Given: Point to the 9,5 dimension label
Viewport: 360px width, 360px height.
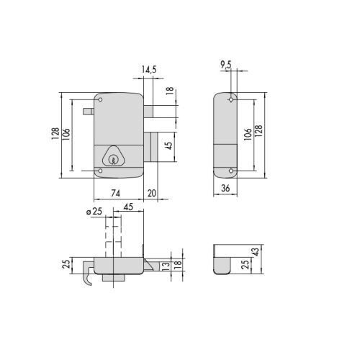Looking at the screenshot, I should click(x=225, y=63).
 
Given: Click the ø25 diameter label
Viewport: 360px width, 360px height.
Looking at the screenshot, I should click(x=93, y=212).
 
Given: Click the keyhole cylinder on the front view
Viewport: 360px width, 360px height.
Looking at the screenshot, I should click(x=114, y=157).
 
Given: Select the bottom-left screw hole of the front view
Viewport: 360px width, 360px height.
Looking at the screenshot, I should click(x=101, y=171).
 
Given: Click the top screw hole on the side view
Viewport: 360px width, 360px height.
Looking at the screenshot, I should click(x=230, y=99).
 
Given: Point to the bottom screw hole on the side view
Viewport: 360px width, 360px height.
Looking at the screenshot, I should click(x=230, y=171).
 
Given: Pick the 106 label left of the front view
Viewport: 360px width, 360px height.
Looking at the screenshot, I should click(x=67, y=134).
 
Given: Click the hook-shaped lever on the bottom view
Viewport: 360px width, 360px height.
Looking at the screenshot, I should click(x=86, y=276).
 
